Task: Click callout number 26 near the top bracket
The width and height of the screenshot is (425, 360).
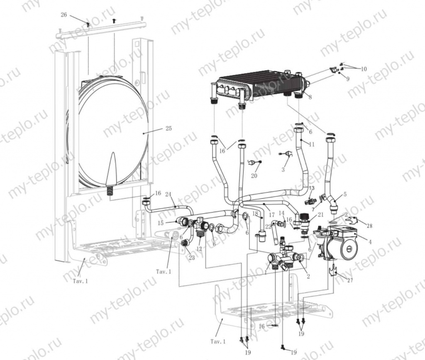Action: pos(64,15)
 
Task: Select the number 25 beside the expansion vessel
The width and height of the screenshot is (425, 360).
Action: pos(168,129)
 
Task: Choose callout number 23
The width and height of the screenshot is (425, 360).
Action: pos(191,258)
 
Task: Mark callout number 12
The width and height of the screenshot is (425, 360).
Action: pos(199,249)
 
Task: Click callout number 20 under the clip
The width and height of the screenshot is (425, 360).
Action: pos(254,176)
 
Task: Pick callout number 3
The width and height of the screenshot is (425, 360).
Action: pos(283,169)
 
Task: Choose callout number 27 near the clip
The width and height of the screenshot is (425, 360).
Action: pos(350,280)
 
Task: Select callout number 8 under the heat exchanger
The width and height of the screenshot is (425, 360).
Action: pos(310,97)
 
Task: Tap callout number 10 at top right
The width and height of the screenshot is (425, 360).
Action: pos(364,69)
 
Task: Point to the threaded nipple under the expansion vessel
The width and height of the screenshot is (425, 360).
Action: pos(110,191)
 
